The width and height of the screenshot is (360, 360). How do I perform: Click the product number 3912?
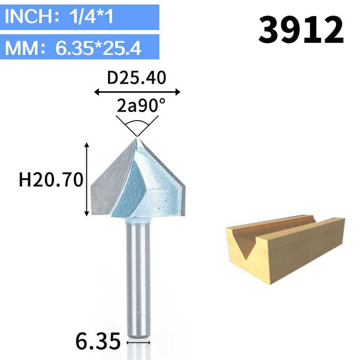point(301,29)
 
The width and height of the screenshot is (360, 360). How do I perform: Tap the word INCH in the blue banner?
point(29,16)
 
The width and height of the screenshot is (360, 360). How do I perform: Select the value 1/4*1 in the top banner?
point(91,16)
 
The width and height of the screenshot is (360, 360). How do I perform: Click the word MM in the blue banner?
point(22,48)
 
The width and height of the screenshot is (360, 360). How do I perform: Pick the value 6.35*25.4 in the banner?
point(98,48)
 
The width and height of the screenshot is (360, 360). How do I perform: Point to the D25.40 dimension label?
point(137,77)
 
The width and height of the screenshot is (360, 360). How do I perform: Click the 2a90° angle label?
point(141,105)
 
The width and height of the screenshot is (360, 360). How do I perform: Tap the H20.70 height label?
point(51,180)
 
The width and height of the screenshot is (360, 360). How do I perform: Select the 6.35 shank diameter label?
point(98,342)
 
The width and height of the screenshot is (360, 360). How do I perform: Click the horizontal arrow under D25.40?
point(137,92)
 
